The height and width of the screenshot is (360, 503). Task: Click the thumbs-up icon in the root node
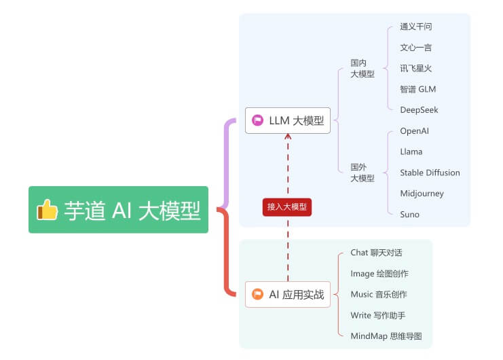48,210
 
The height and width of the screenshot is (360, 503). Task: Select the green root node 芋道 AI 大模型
118,210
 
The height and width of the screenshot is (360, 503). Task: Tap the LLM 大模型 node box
288,120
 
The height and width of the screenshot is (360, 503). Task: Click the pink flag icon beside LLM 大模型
257,120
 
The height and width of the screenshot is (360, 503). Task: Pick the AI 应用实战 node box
288,294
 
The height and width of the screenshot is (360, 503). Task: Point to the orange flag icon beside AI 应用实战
257,294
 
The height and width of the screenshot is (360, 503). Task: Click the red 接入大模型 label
287,206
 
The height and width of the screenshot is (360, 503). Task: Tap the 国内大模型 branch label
362,69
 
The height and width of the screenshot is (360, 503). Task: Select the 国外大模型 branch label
362,173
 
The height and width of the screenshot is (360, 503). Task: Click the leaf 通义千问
415,26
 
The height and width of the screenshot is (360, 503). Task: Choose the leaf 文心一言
415,48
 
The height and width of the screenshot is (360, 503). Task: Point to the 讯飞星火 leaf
415,68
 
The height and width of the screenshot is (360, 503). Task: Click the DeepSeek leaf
419,110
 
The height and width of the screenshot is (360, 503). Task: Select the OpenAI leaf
414,130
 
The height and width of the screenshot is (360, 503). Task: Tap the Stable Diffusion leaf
430,173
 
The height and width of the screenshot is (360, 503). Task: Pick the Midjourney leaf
422,194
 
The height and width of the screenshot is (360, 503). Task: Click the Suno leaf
409,215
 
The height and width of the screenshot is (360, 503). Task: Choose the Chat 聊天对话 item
376,252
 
